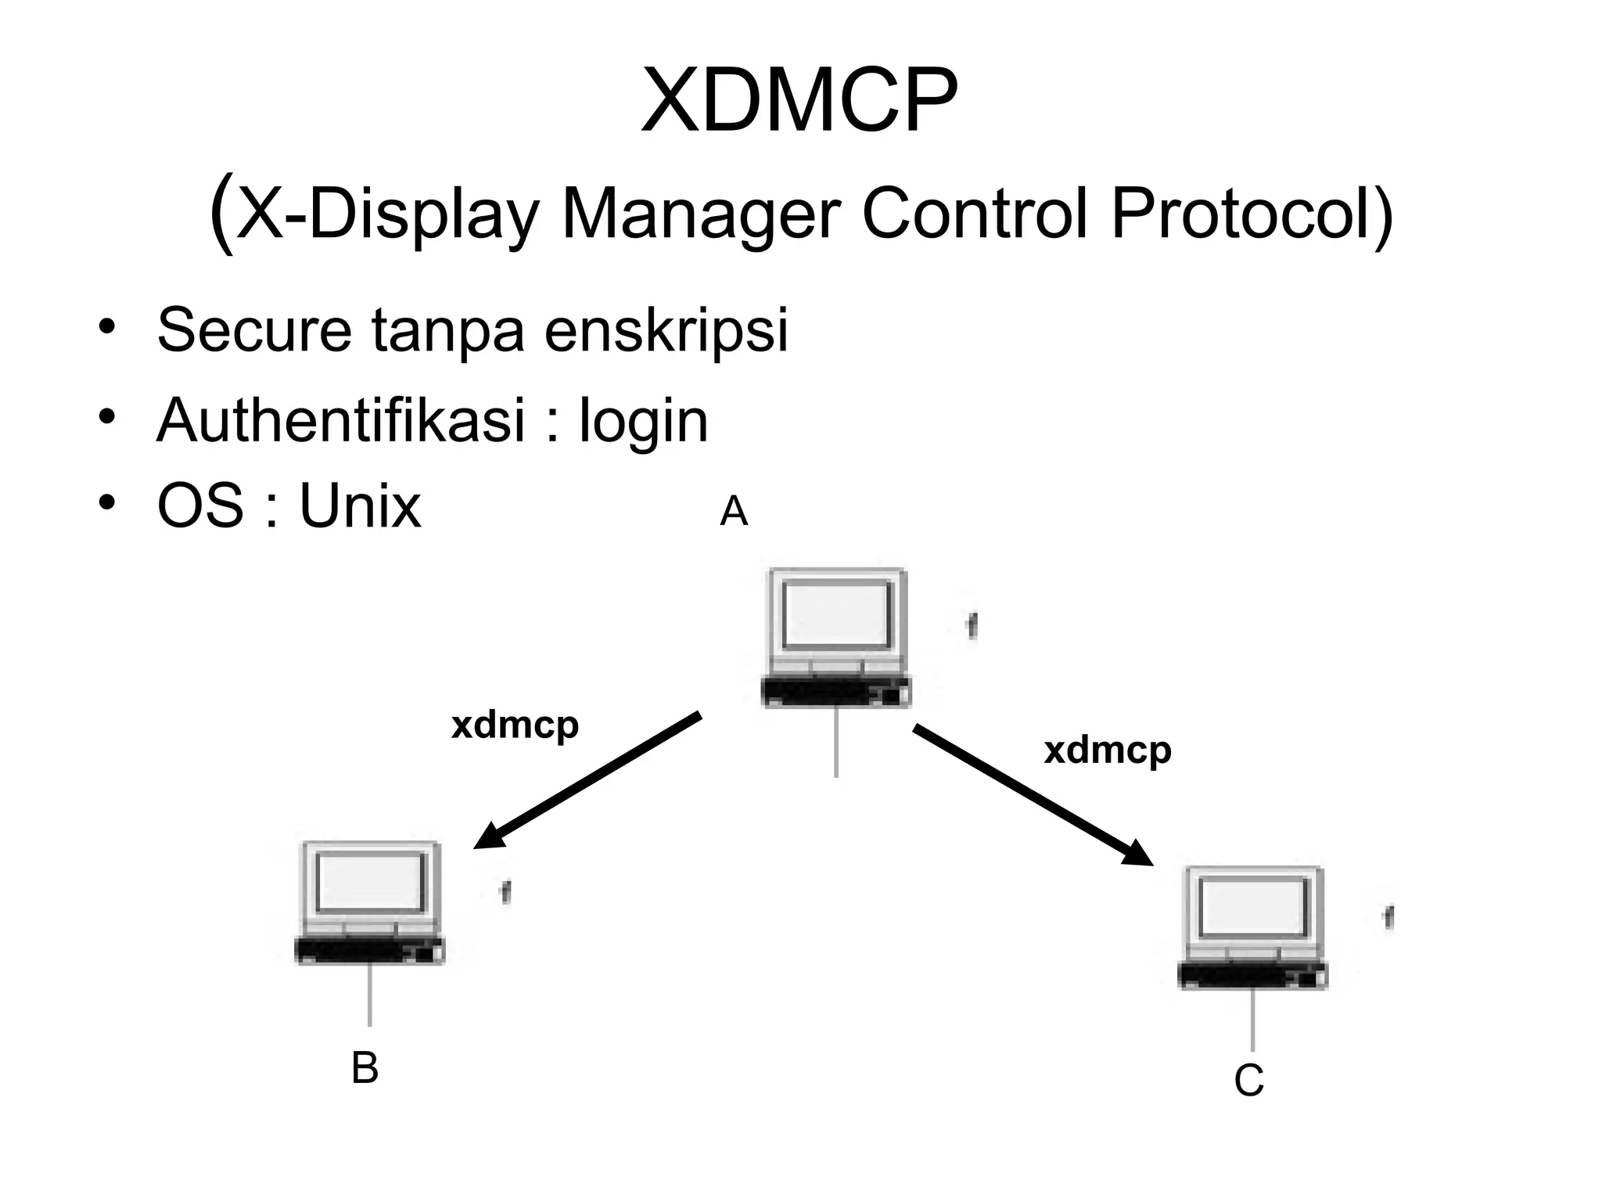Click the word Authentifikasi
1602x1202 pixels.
[x=341, y=420]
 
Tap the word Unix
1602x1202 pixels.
[x=360, y=507]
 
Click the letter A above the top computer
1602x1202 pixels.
[x=734, y=513]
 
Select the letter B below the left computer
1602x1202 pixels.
[x=365, y=1068]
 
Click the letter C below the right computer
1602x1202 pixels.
[x=1248, y=1081]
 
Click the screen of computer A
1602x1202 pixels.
[x=837, y=615]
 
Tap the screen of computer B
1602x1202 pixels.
[x=372, y=883]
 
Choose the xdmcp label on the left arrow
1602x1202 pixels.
[x=515, y=725]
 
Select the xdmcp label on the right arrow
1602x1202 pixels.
[x=1108, y=750]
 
